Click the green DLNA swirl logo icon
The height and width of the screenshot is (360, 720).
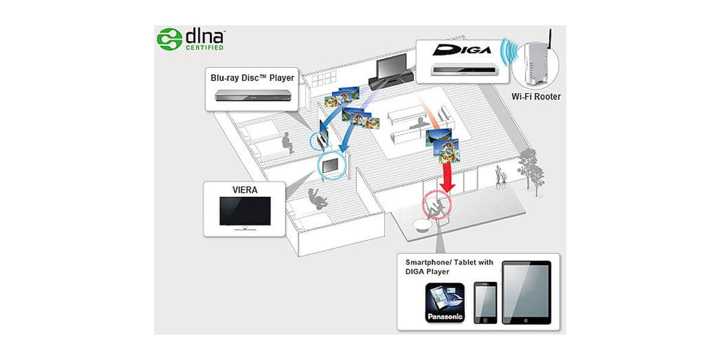169,39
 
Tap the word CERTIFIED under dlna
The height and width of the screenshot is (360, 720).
205,47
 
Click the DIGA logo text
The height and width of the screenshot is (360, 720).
462,50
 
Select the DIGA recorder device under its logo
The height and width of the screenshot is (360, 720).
464,70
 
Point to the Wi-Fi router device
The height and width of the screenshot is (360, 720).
536,64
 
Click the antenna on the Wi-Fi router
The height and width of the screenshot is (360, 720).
550,38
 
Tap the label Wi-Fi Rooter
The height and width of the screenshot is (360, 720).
536,97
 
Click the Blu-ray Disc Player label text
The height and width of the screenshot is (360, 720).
253,78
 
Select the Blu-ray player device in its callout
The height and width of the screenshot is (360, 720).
253,95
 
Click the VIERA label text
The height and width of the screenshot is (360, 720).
245,190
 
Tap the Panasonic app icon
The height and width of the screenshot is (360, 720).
445,303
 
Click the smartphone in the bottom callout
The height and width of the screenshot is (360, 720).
485,303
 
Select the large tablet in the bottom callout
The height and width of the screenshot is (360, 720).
527,293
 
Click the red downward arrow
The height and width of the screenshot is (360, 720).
447,178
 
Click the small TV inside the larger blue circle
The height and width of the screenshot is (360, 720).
331,166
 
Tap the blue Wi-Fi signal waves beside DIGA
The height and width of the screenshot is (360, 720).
511,52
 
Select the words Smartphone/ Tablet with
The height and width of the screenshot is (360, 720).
449,262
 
